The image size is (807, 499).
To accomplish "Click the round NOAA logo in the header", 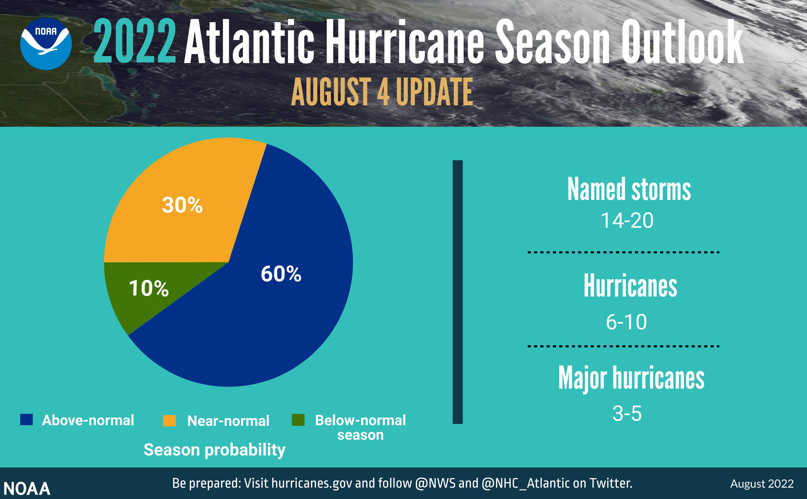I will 46,44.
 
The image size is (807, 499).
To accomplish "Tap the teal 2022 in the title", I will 134,41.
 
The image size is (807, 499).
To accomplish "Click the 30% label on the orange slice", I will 182,205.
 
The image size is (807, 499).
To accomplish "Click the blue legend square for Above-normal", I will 26,420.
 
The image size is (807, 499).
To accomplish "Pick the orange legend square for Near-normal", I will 170,420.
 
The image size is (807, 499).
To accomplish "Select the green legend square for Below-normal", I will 298,420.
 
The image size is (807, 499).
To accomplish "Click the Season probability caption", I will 214,450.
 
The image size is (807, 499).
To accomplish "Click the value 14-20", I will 627,220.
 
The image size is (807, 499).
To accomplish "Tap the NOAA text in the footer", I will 27,488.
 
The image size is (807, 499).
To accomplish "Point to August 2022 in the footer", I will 762,484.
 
